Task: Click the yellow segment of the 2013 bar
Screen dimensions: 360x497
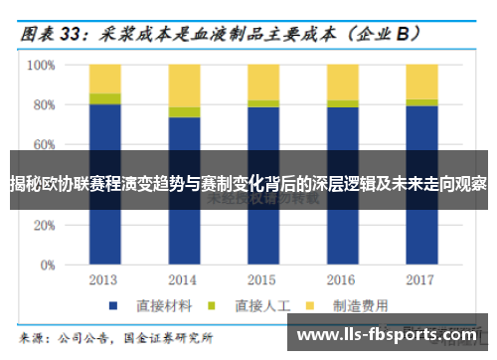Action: pyautogui.click(x=104, y=79)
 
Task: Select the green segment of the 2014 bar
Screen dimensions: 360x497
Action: pyautogui.click(x=184, y=112)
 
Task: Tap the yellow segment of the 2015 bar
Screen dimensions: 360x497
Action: pyautogui.click(x=263, y=82)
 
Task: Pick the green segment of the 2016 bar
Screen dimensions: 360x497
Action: pyautogui.click(x=343, y=103)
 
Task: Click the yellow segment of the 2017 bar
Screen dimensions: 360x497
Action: pyautogui.click(x=421, y=82)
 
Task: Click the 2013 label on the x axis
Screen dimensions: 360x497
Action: pyautogui.click(x=104, y=280)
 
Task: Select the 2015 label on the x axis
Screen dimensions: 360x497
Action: pyautogui.click(x=263, y=280)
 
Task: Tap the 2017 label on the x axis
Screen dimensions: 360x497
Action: pyautogui.click(x=421, y=280)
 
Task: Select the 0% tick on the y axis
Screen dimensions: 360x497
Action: pyautogui.click(x=45, y=267)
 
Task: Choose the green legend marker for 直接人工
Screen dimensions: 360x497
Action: pyautogui.click(x=212, y=304)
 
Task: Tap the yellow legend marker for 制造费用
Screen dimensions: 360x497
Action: pyautogui.click(x=310, y=304)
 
